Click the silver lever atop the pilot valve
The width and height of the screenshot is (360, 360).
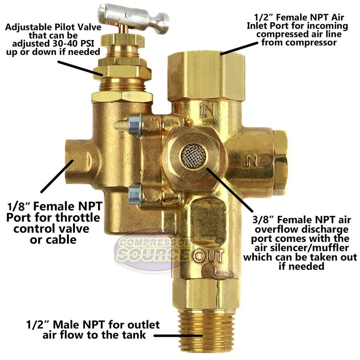[x=143, y=16]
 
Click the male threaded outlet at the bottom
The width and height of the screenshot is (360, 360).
[x=204, y=328]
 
